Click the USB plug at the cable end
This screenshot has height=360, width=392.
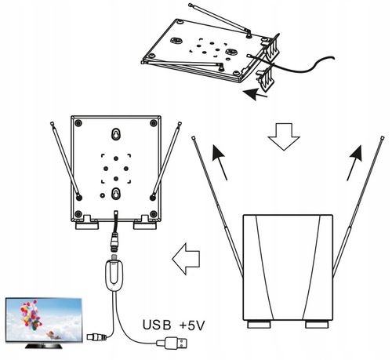click(x=172, y=343)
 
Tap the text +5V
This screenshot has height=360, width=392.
click(x=192, y=325)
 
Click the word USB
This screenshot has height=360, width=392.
click(x=157, y=325)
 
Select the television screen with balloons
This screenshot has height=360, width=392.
click(x=44, y=320)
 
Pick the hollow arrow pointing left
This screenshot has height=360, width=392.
click(x=186, y=259)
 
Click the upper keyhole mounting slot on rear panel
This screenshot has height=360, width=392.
click(x=115, y=134)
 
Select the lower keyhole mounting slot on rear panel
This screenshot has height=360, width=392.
click(x=115, y=194)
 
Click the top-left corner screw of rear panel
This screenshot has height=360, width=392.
click(x=78, y=122)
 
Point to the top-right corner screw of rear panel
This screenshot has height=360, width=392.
click(x=154, y=122)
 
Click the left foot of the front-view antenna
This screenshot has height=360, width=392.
click(x=259, y=325)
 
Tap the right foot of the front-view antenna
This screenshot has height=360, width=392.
click(x=317, y=325)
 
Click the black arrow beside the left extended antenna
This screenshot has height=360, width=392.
click(x=220, y=162)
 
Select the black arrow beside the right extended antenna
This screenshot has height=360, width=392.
click(x=355, y=162)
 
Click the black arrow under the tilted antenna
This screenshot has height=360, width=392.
click(x=255, y=94)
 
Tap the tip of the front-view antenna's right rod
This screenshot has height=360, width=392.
click(x=383, y=138)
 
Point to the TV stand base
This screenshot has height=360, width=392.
click(x=44, y=346)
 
